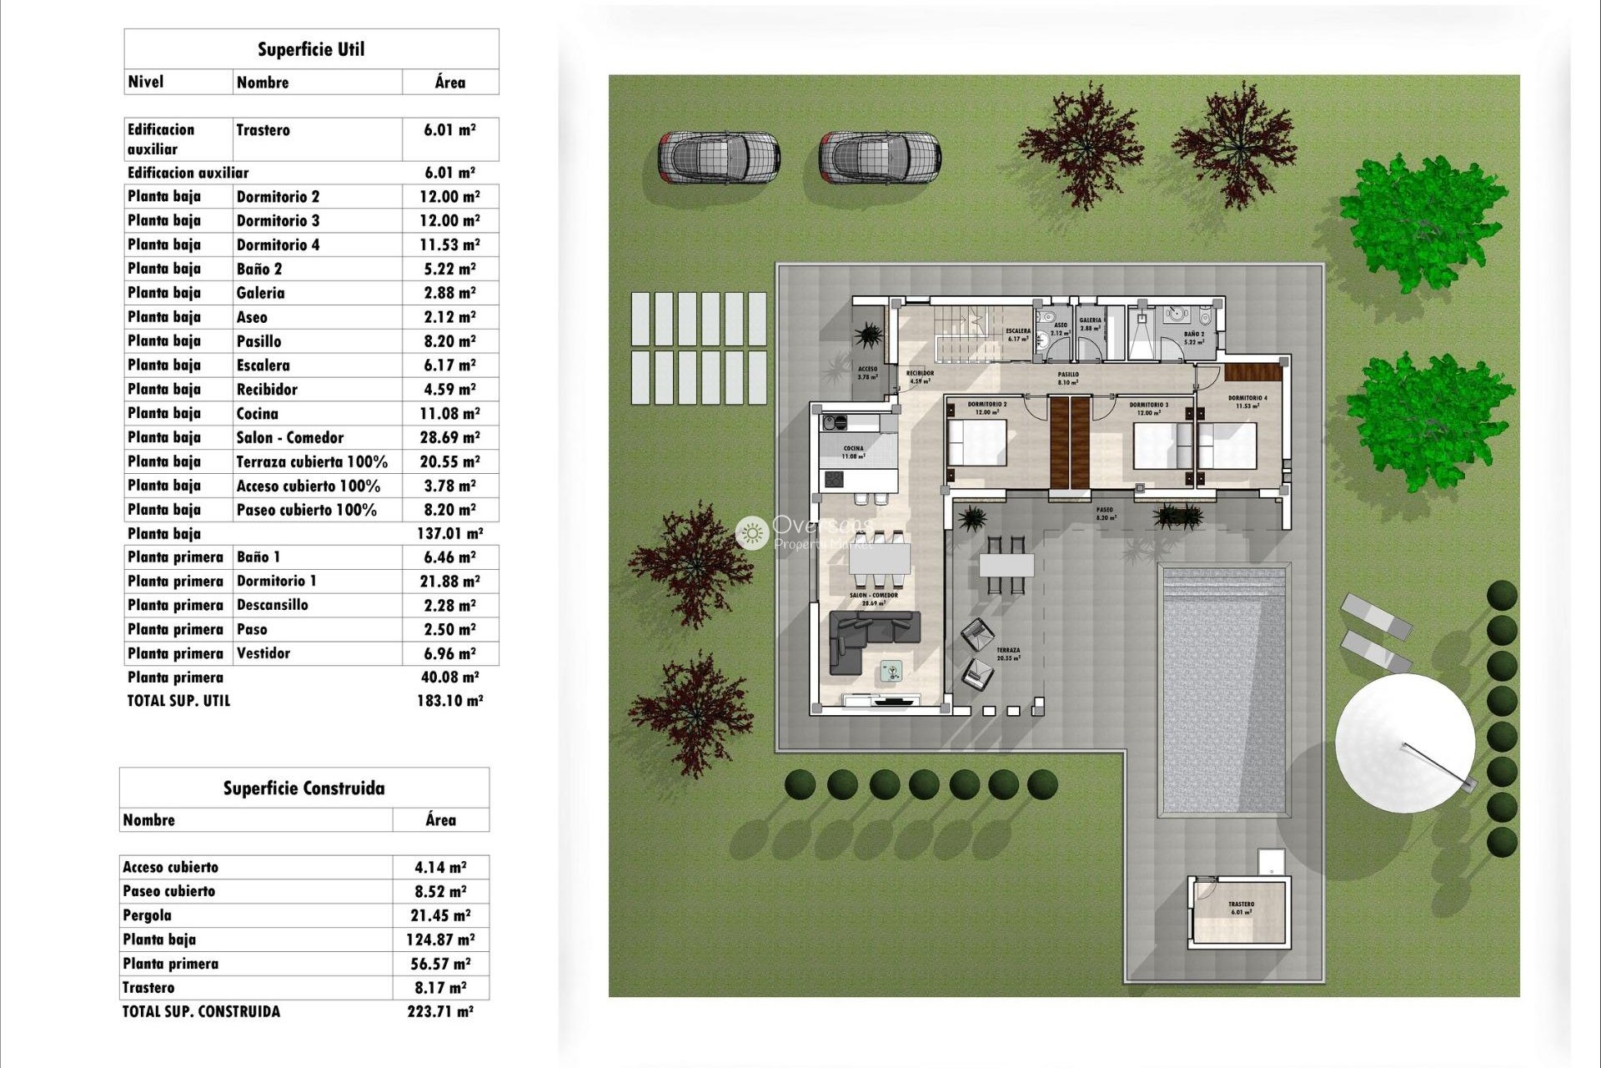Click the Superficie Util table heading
click(x=311, y=49)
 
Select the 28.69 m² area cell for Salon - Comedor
click(x=449, y=437)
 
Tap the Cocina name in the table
click(x=257, y=414)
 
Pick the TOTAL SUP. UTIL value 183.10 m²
click(x=449, y=701)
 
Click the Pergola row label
click(x=148, y=915)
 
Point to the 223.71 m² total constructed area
click(x=439, y=1011)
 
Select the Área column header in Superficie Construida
click(x=440, y=820)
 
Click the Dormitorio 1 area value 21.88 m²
click(x=449, y=582)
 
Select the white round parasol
click(x=1404, y=743)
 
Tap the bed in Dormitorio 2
click(x=977, y=443)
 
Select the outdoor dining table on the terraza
click(x=1006, y=566)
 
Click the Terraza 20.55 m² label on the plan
click(x=1007, y=653)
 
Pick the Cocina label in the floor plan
click(x=853, y=452)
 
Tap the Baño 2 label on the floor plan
click(x=1193, y=337)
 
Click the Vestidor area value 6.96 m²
click(x=449, y=653)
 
